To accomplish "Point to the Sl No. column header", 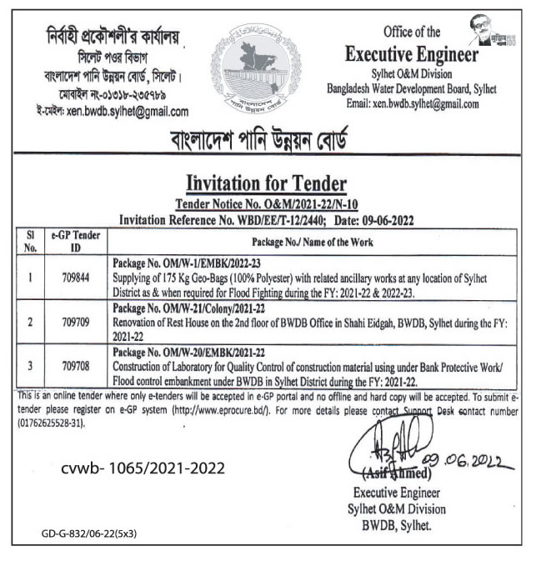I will pyautogui.click(x=30, y=241).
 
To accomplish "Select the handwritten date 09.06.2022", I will pyautogui.click(x=457, y=457).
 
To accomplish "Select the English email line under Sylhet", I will pyautogui.click(x=412, y=104).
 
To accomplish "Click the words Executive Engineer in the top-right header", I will pyautogui.click(x=412, y=55).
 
